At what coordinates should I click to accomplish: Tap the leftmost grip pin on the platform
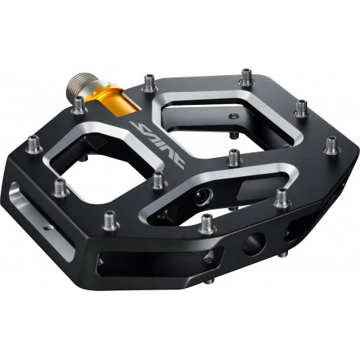(x=35, y=142)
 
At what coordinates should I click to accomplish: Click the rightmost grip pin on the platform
(x=332, y=143)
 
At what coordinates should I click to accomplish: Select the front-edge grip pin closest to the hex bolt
(x=207, y=224)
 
